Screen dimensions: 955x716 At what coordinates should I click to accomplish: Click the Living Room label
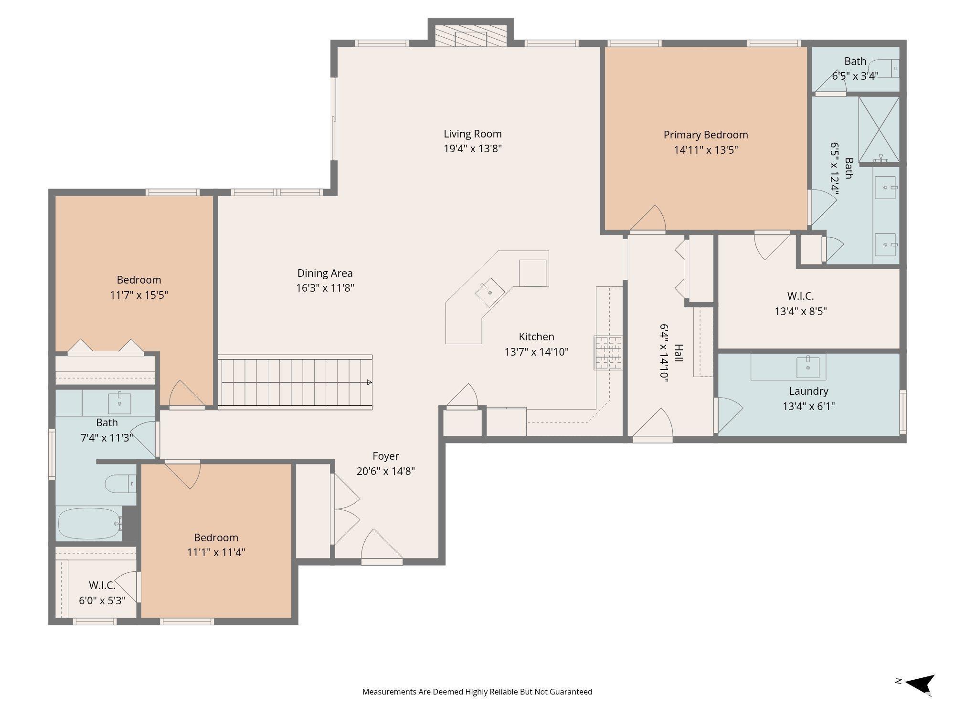[473, 134]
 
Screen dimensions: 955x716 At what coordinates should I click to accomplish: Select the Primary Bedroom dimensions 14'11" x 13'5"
[706, 150]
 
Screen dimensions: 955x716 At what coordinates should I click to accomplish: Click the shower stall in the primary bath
[879, 129]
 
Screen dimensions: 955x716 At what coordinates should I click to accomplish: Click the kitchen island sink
[489, 292]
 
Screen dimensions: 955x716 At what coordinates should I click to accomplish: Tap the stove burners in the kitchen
[608, 352]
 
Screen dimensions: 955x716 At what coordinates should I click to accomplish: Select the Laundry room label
[808, 391]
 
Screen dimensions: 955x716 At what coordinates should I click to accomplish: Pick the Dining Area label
[325, 274]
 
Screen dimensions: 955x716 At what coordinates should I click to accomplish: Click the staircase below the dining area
[295, 382]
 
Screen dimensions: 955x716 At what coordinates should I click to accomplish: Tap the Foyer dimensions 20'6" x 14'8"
[386, 471]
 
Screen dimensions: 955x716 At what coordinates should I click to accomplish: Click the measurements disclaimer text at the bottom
[477, 692]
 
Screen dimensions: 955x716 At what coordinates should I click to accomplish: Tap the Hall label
[679, 353]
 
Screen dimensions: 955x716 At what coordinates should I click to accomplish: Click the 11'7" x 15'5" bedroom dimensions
[139, 295]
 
